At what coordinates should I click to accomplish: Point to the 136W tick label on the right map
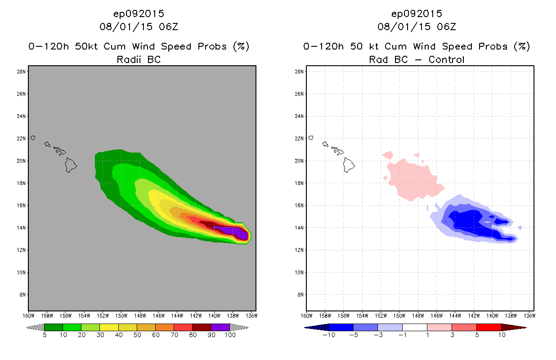tap(529, 315)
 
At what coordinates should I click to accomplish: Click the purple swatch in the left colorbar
tap(220, 327)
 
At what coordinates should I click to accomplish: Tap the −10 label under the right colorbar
tap(329, 335)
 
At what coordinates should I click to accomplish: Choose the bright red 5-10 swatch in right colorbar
tap(489, 327)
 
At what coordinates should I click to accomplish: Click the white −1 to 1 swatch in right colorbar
tap(414, 327)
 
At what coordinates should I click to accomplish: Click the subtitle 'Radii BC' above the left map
tap(139, 59)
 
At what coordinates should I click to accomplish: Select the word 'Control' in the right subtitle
tap(446, 59)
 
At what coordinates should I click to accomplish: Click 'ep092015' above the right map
tap(417, 14)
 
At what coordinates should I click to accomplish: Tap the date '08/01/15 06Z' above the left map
tap(139, 27)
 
